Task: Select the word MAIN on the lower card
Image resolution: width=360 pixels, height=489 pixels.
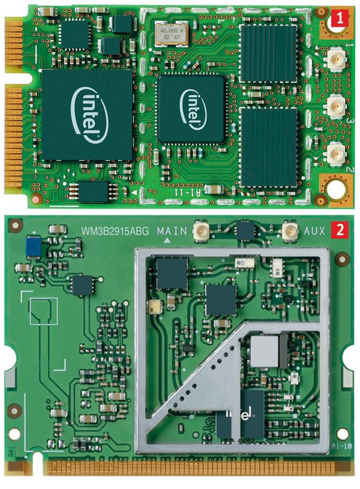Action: [172, 230]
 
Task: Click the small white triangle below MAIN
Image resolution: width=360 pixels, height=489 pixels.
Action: [168, 240]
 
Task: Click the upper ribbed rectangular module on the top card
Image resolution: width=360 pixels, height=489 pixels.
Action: [268, 53]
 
